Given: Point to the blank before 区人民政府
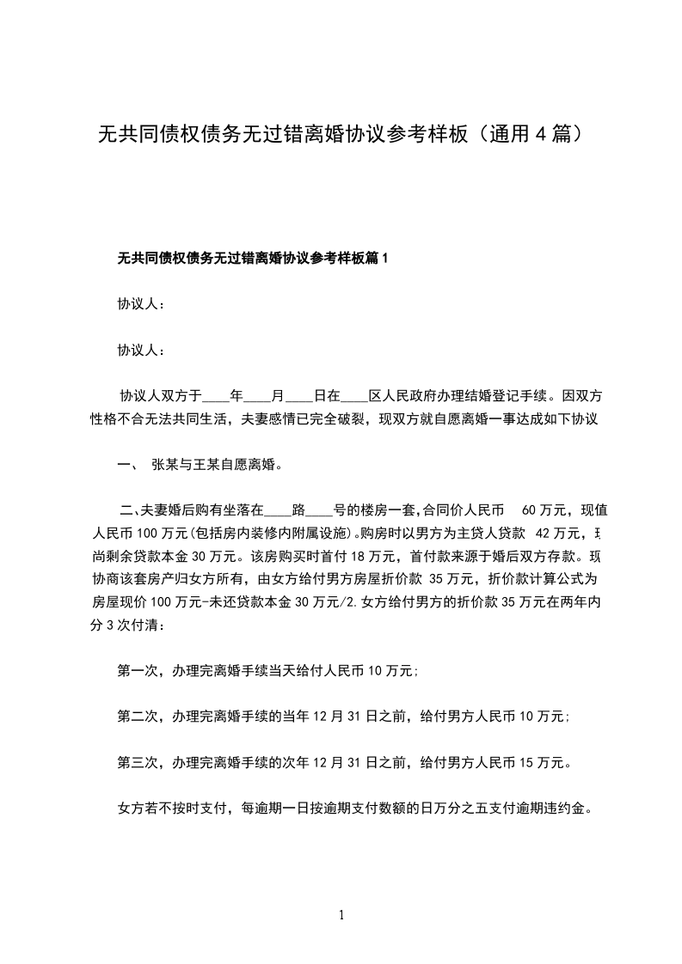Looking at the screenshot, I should click(354, 397).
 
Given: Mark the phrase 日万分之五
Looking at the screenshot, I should click(461, 808).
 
